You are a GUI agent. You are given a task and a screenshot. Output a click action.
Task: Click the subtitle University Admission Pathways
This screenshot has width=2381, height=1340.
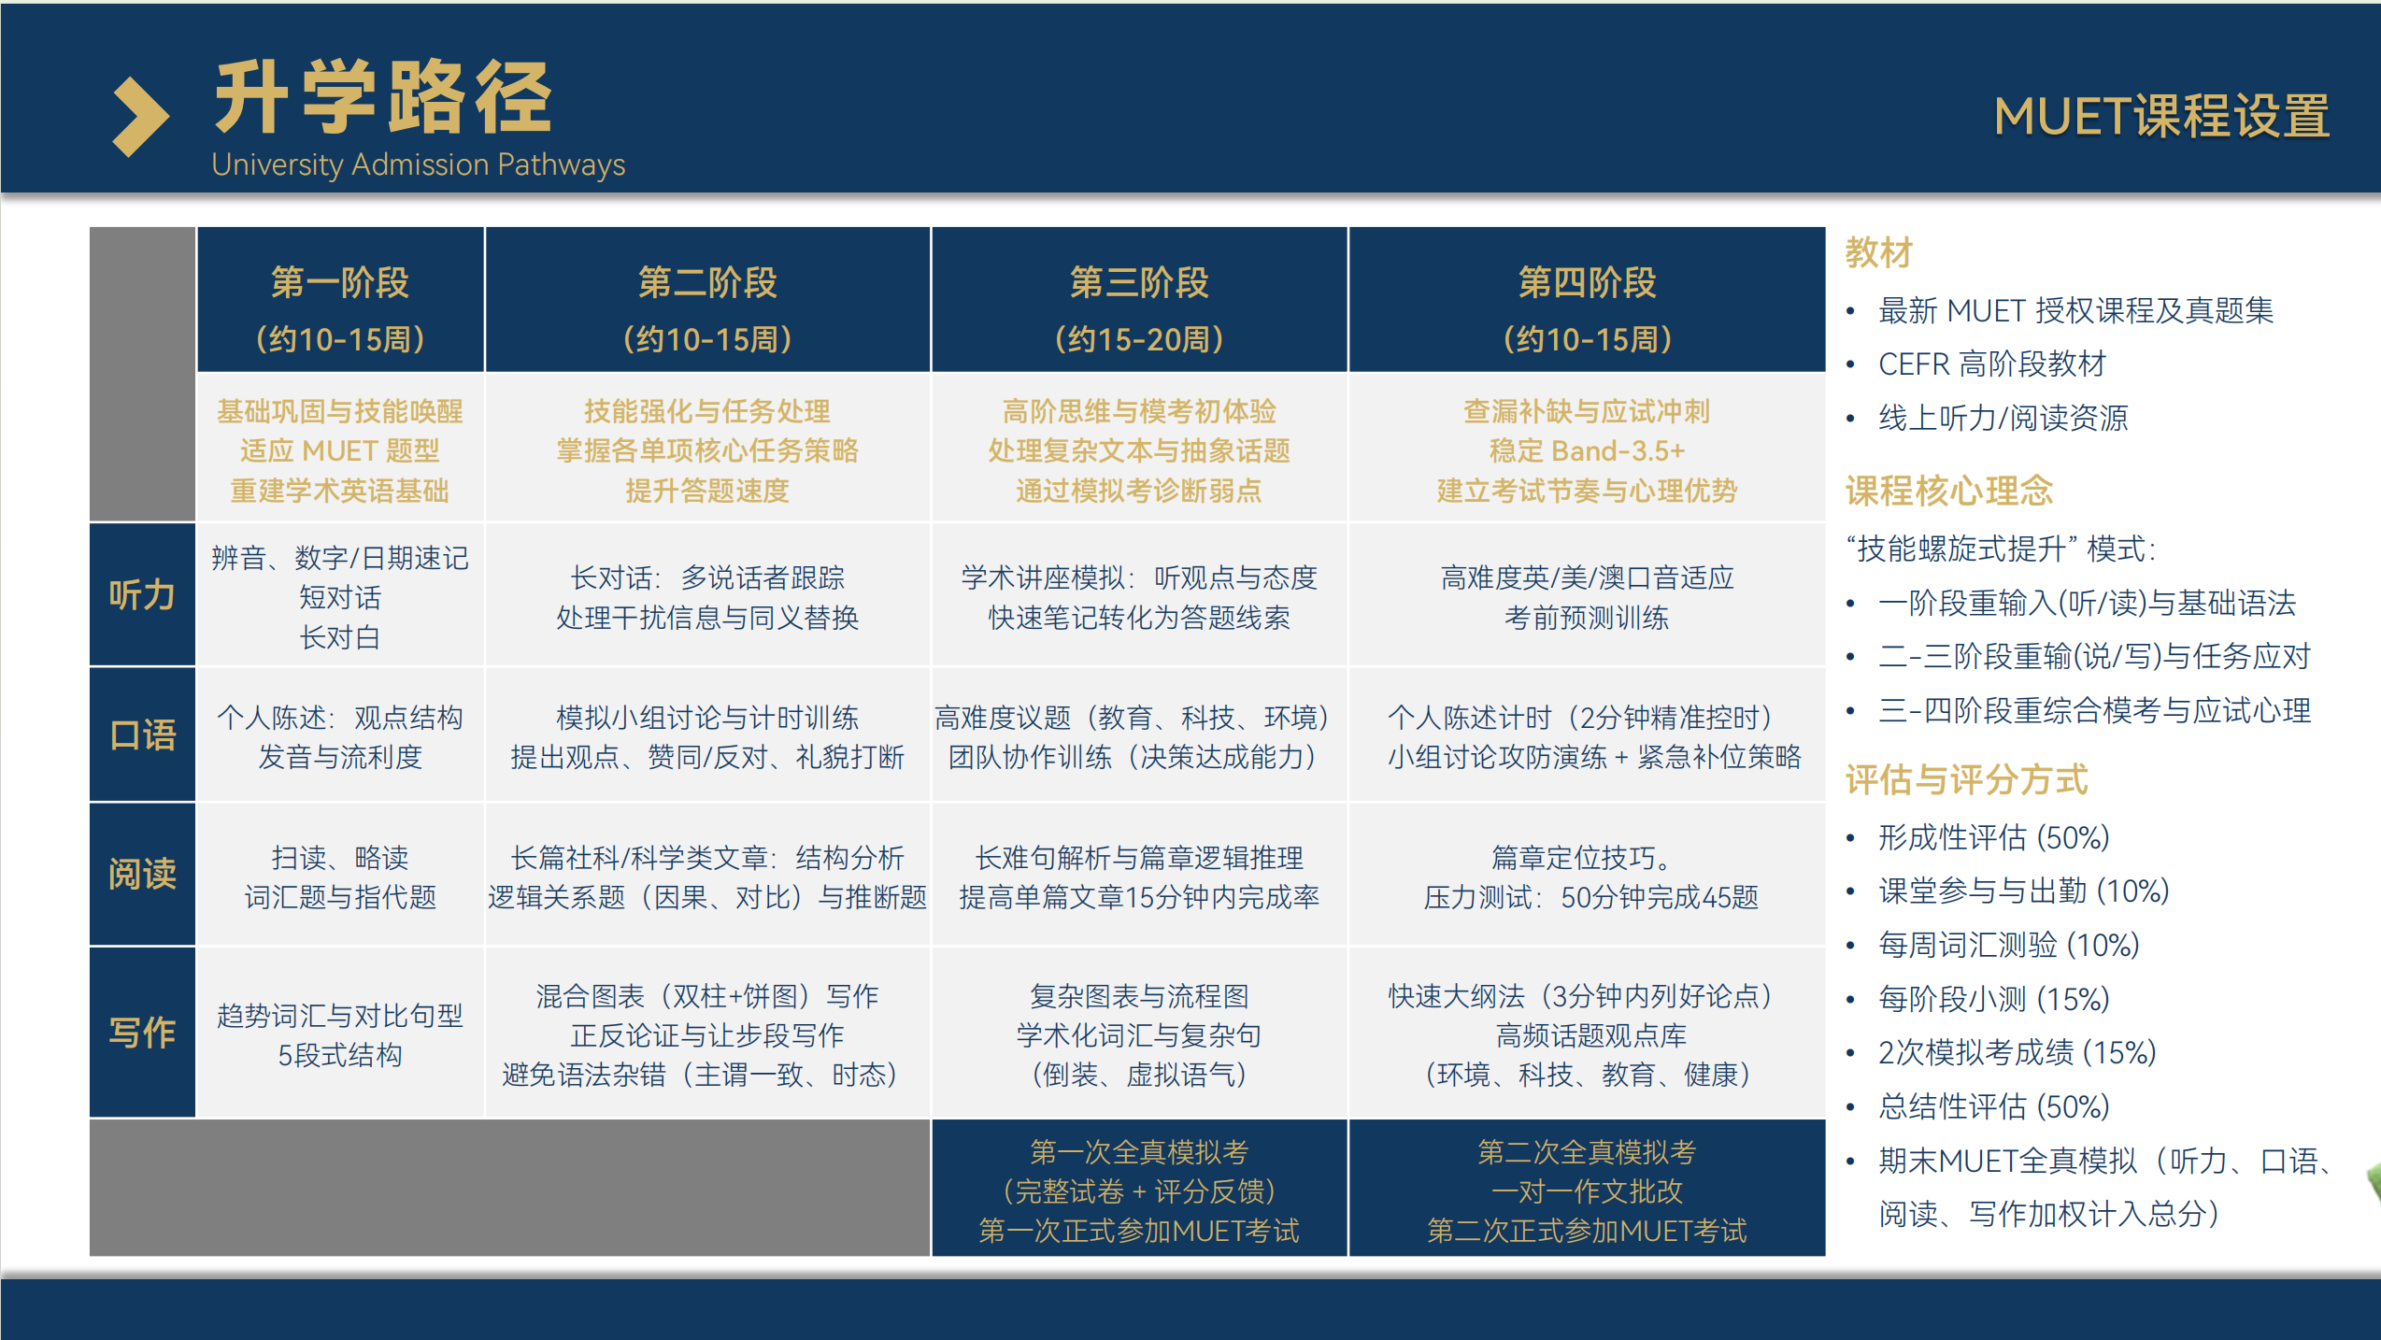(x=419, y=164)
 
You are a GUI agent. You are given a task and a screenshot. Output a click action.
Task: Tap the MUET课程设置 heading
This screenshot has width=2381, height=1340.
(x=2161, y=117)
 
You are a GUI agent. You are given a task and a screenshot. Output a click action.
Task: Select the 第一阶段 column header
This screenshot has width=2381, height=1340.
(x=340, y=282)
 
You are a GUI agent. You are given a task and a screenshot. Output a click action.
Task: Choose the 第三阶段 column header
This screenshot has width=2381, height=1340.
(x=1139, y=282)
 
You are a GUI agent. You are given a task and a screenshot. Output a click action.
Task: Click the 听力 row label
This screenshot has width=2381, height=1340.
(x=142, y=594)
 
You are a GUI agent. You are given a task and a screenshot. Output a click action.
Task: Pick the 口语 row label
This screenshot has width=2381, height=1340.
(x=142, y=734)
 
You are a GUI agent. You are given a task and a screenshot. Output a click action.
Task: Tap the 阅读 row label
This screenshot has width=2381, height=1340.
(x=142, y=874)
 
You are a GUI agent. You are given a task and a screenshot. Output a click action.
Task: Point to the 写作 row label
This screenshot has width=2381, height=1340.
(x=142, y=1033)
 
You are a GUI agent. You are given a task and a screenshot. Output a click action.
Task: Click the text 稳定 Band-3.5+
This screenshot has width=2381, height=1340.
(x=1587, y=451)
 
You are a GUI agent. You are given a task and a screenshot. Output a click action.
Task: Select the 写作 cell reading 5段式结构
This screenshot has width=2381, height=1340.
(x=340, y=1055)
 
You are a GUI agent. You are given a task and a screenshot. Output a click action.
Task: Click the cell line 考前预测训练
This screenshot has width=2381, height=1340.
(x=1587, y=618)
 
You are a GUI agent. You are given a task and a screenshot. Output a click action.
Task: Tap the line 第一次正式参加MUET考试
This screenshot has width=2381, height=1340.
(x=1139, y=1231)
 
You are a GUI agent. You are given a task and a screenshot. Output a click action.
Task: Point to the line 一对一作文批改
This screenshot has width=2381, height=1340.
(x=1587, y=1191)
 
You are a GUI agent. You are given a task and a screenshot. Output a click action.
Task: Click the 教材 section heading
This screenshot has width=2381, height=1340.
(x=1879, y=252)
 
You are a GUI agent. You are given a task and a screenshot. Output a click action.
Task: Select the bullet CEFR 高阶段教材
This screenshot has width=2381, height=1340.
(x=1992, y=364)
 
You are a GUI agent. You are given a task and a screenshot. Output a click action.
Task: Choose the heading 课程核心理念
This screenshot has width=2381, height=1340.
(x=1949, y=491)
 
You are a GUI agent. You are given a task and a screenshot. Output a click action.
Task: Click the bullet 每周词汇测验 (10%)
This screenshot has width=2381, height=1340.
(x=2009, y=945)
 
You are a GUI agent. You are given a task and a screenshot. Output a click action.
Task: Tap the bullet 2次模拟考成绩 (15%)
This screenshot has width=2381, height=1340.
(x=2017, y=1052)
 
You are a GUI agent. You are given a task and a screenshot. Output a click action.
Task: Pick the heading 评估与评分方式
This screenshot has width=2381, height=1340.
(x=1967, y=779)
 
